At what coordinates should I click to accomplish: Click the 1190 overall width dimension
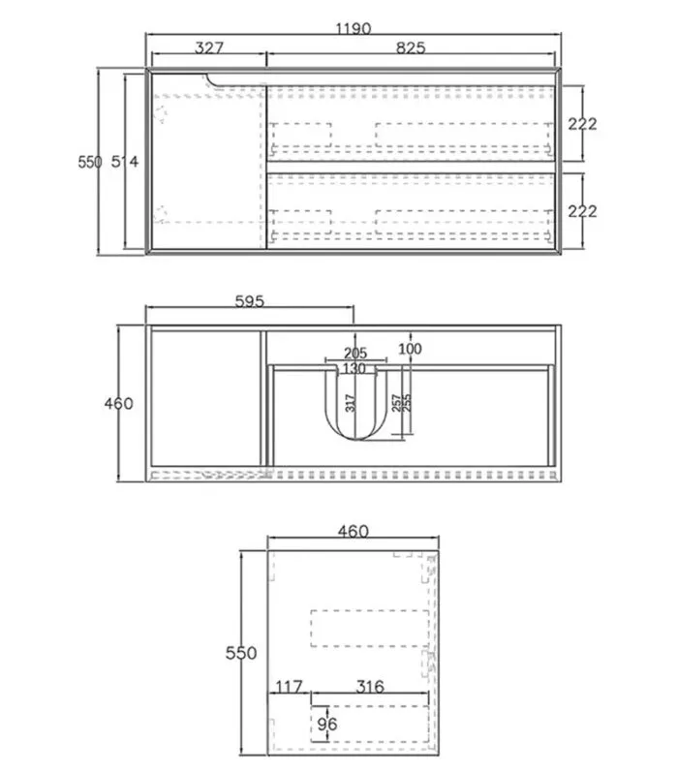click(354, 29)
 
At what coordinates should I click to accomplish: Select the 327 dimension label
click(209, 47)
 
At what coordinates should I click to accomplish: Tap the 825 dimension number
click(411, 47)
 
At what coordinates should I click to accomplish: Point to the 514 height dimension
click(125, 162)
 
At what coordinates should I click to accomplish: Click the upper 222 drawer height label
click(582, 124)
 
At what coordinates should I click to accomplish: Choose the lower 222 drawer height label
click(582, 211)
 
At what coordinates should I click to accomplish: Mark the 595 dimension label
click(250, 301)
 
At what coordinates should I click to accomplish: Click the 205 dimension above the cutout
click(355, 353)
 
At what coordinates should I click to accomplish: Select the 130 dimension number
click(354, 368)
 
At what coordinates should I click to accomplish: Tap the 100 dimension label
click(410, 349)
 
